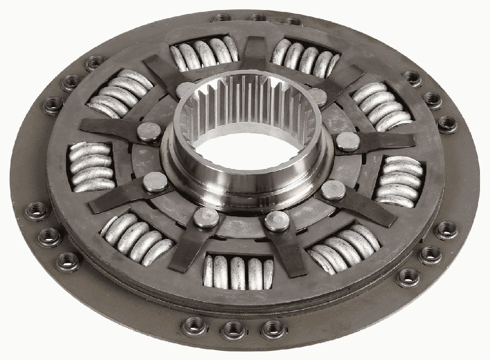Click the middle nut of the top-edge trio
pyautogui.click(x=258, y=17)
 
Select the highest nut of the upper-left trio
pyautogui.click(x=96, y=62)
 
